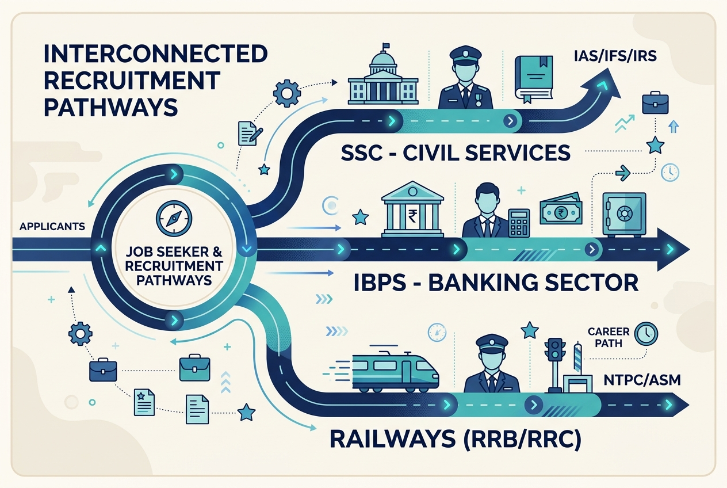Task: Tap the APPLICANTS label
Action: [52, 226]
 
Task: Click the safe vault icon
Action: [622, 214]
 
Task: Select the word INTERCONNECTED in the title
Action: [155, 55]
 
